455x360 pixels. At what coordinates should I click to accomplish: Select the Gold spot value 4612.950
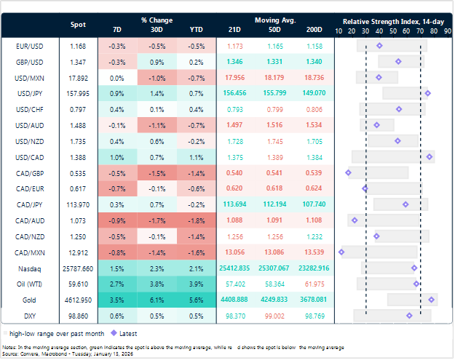point(78,299)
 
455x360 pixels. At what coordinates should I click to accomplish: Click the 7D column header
point(117,29)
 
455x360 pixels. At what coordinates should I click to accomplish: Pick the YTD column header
point(196,29)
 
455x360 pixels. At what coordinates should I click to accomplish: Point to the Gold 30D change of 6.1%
point(156,299)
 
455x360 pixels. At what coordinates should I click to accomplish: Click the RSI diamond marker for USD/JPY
point(427,93)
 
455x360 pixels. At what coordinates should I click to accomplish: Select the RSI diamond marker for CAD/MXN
point(341,252)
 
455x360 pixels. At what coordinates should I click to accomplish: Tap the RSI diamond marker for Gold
point(432,299)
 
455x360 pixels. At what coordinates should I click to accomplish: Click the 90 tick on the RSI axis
point(448,31)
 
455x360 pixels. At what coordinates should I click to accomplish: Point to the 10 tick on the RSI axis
point(339,31)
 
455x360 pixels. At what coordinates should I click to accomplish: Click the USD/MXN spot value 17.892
point(78,77)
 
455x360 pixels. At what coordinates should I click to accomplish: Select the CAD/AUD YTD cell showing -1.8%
point(196,220)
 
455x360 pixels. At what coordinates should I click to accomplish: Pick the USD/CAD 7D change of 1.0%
point(117,156)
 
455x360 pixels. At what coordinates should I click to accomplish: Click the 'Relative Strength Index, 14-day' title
point(393,21)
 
